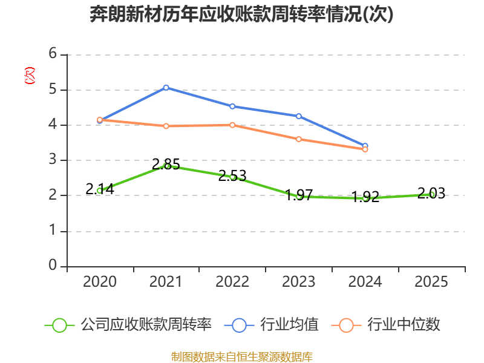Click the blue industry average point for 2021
166,88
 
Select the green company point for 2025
432,194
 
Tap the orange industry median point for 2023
299,139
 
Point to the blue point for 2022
232,106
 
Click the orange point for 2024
365,149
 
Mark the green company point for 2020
100,191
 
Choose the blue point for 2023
299,116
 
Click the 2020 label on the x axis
100,282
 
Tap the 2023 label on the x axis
299,282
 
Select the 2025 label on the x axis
432,282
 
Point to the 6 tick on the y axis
53,54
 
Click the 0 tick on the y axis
53,266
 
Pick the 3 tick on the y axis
53,160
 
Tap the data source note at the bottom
242,356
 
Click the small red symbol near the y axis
29,76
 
